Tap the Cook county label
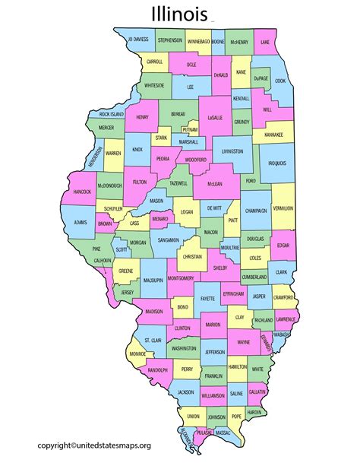pos(280,81)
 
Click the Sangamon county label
pos(169,239)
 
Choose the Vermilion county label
pos(283,208)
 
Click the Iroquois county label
pos(276,163)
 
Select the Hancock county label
pos(82,192)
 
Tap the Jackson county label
pos(185,392)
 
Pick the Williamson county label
pos(213,396)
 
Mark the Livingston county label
pos(233,151)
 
